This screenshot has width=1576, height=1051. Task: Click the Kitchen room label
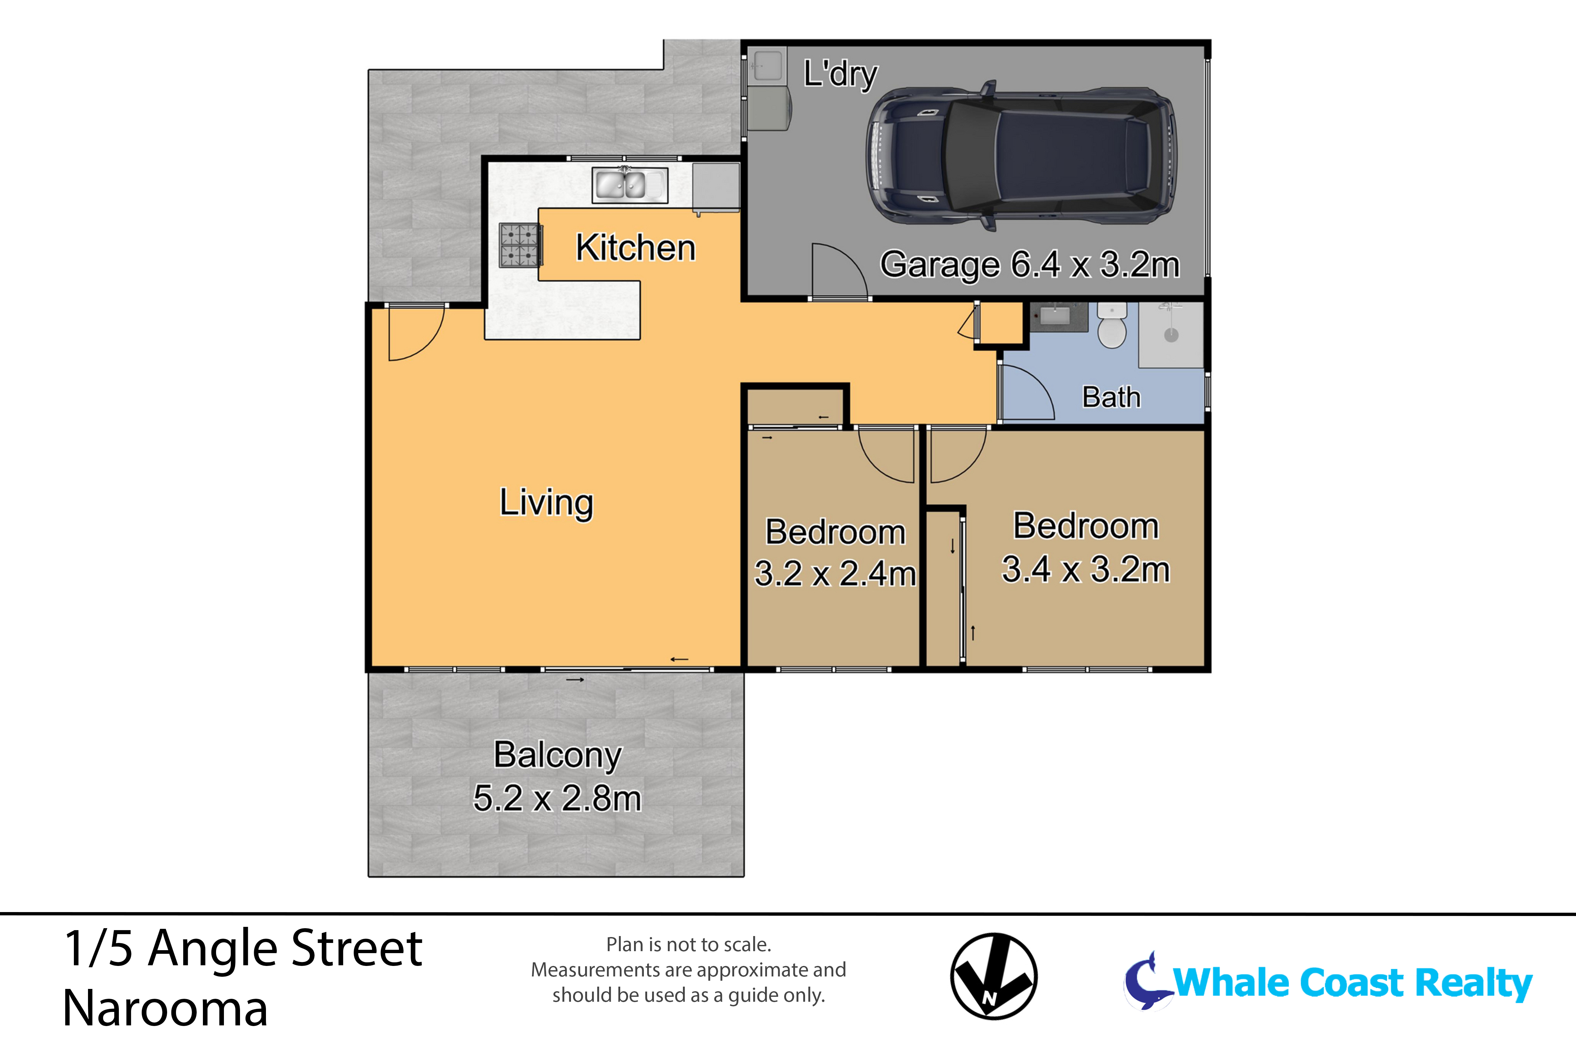(x=635, y=248)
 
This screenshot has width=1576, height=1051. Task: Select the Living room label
(x=546, y=503)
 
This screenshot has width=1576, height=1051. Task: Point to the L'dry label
(x=840, y=75)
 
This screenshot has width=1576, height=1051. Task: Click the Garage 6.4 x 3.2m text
(x=1029, y=265)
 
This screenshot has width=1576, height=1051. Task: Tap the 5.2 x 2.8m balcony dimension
(x=557, y=798)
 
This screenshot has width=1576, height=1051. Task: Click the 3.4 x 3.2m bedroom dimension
(x=1085, y=570)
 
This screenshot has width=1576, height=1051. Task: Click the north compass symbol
(x=994, y=976)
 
